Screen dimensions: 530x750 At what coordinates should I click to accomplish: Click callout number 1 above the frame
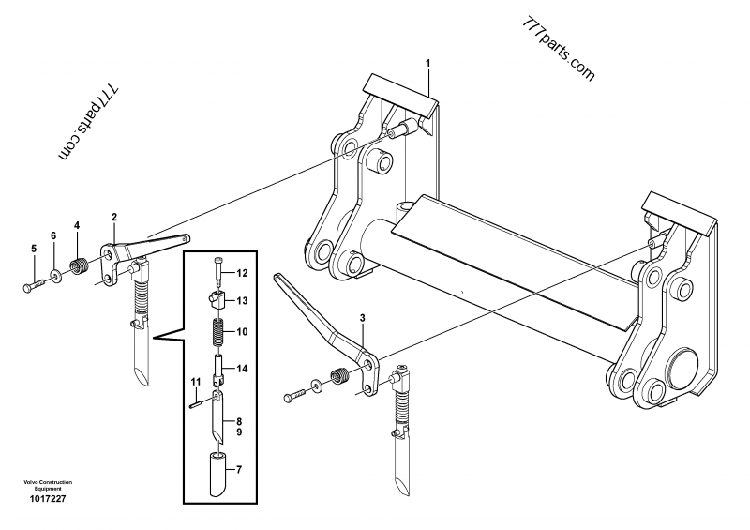point(428,63)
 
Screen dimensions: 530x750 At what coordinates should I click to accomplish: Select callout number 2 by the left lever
point(114,218)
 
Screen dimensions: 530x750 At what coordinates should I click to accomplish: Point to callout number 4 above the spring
point(77,225)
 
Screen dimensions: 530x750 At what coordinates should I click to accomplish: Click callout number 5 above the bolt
point(33,248)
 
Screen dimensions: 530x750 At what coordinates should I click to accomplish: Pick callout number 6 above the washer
point(52,235)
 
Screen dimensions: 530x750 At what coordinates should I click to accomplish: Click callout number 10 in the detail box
point(241,331)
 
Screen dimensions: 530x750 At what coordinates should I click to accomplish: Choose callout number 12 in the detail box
point(241,274)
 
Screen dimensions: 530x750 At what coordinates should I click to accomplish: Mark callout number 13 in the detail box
point(241,300)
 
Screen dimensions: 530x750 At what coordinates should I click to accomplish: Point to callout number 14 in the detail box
point(241,370)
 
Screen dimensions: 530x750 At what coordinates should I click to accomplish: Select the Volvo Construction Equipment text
point(41,485)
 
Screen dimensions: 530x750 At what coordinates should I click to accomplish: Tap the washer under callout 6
point(58,274)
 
